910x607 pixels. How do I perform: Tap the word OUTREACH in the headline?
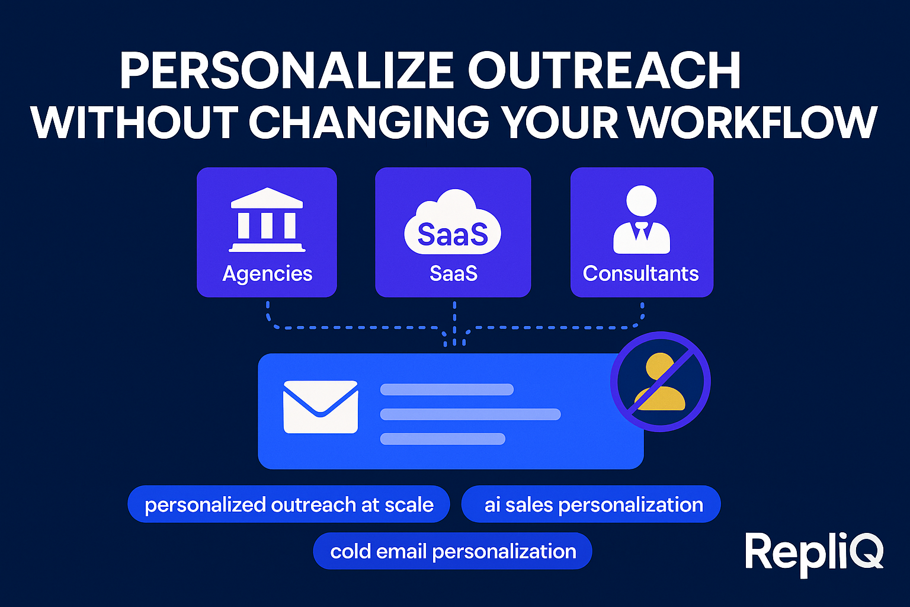(x=604, y=71)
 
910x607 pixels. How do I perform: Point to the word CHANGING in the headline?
(x=369, y=123)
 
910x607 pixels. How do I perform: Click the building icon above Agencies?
(x=267, y=220)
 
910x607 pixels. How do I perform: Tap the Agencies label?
(x=267, y=274)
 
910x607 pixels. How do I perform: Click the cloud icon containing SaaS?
(x=453, y=223)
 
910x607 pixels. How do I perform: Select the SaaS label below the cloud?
(x=453, y=274)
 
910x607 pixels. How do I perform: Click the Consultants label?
(x=640, y=274)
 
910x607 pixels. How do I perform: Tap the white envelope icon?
(x=321, y=407)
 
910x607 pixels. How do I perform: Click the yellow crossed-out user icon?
(x=660, y=382)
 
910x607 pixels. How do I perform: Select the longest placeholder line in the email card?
(x=470, y=414)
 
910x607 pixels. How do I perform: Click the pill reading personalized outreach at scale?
(x=289, y=504)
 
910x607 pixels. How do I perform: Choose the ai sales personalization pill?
(x=591, y=504)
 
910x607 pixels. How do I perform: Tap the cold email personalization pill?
(x=453, y=551)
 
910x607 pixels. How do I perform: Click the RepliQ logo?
(x=814, y=552)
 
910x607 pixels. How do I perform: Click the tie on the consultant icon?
(x=642, y=231)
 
